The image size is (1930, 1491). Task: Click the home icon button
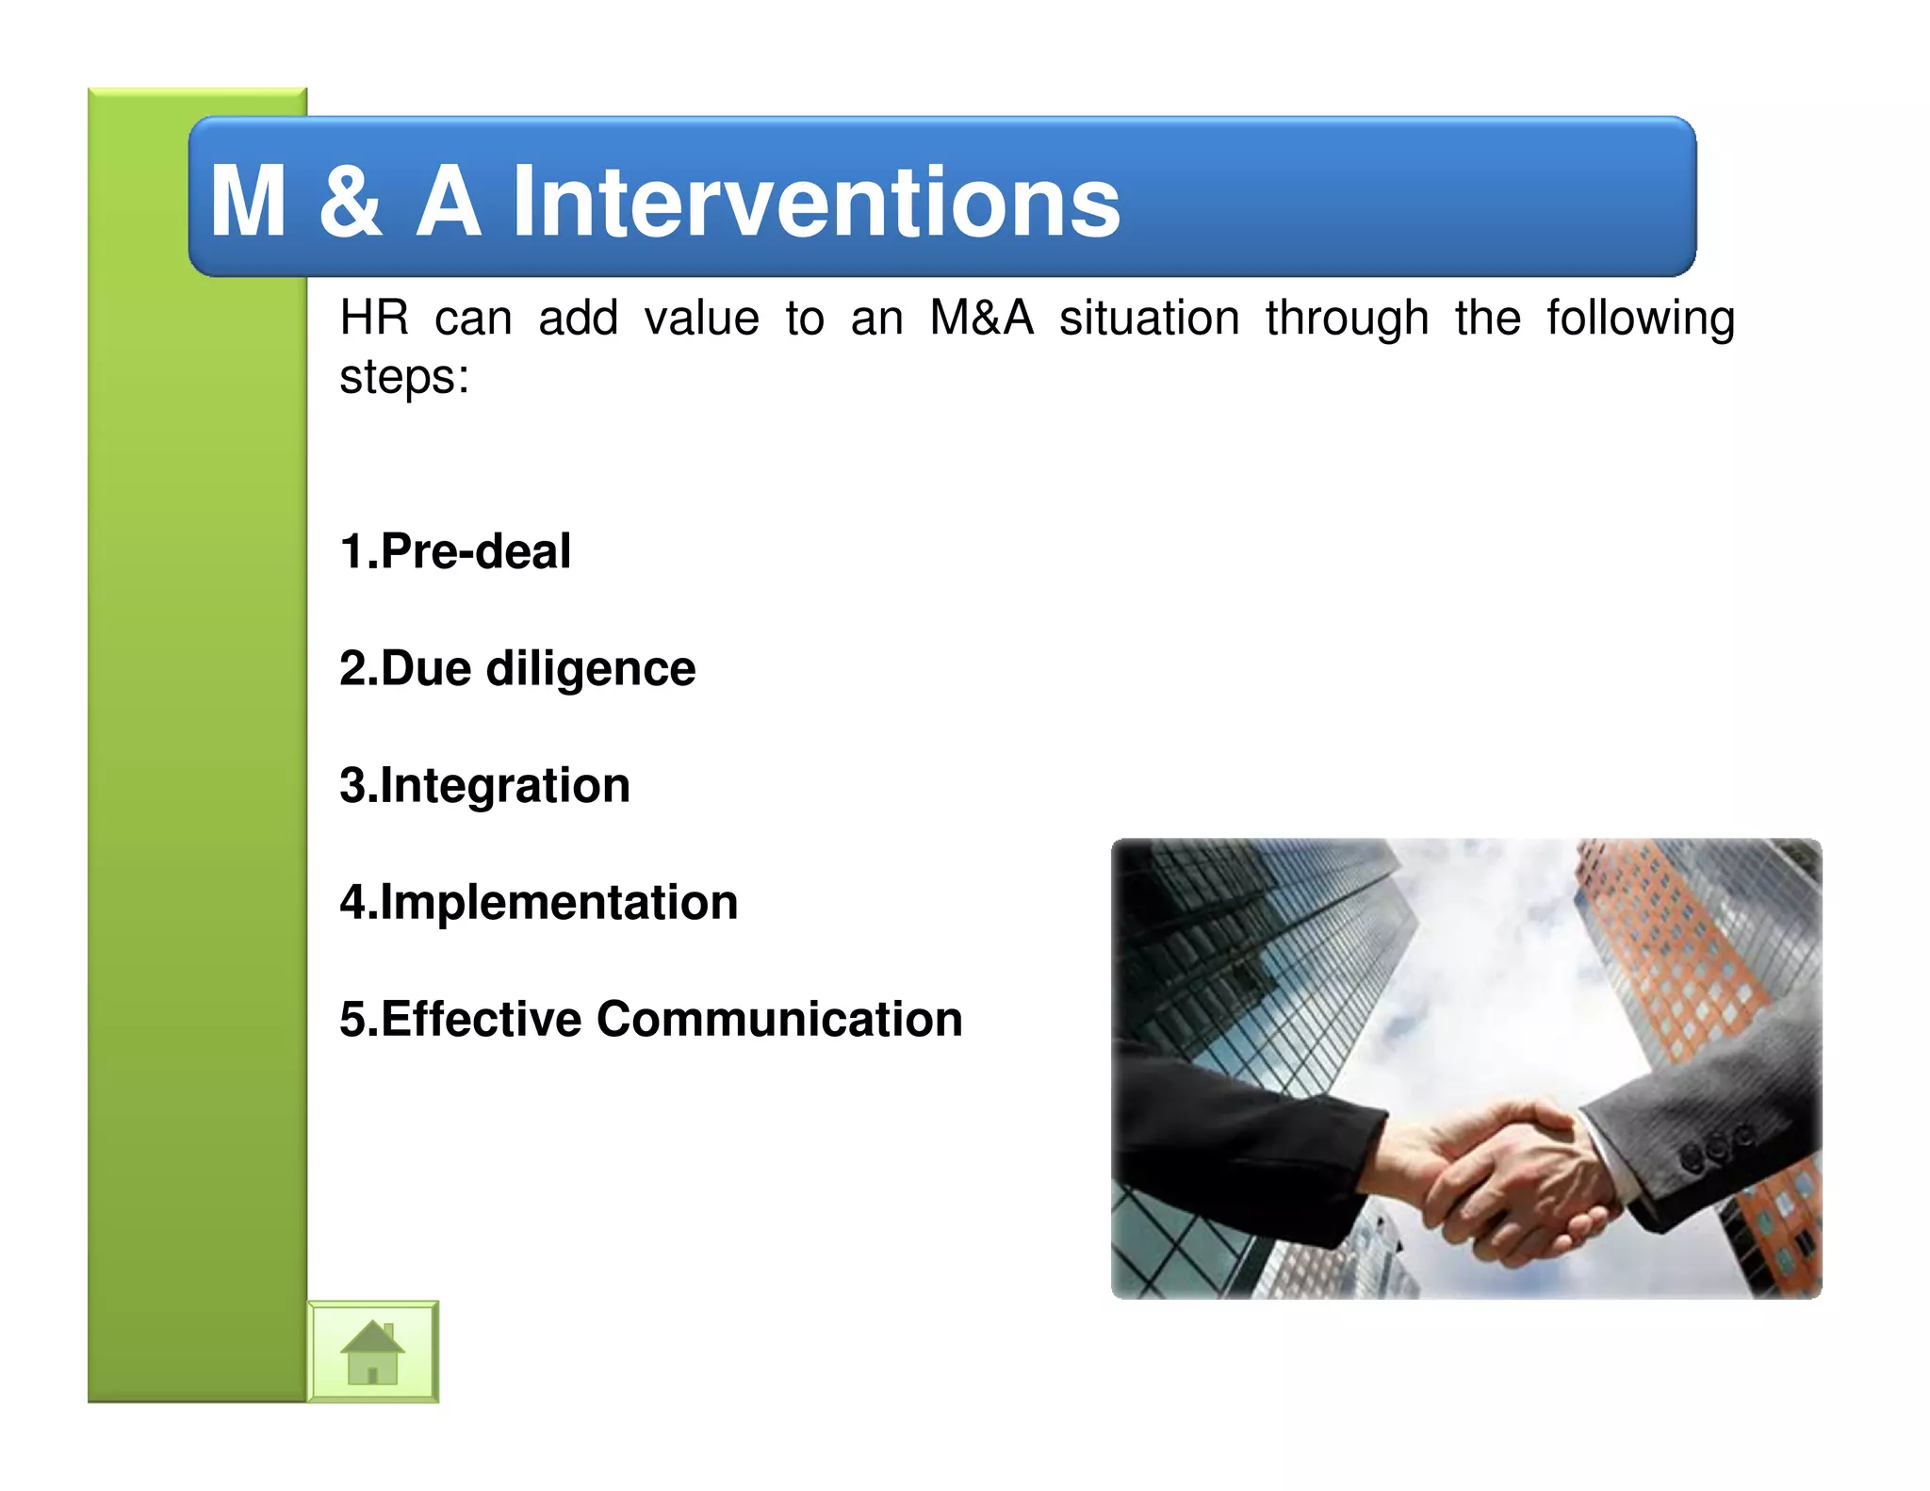click(372, 1352)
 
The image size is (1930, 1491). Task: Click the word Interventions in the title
click(816, 202)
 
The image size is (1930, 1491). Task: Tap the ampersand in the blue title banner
click(351, 202)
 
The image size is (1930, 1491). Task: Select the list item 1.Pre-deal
click(455, 551)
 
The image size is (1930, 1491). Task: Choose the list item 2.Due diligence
click(517, 668)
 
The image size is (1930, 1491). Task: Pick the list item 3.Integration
click(484, 785)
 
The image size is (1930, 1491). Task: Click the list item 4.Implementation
click(538, 902)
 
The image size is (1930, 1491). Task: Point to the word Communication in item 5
click(779, 1019)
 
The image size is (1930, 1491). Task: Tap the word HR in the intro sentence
click(374, 318)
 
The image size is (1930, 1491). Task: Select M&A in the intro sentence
click(981, 318)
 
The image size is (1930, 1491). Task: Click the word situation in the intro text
click(1149, 318)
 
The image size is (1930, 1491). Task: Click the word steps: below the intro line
click(404, 377)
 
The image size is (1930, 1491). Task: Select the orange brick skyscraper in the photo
click(1659, 952)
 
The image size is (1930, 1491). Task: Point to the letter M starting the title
click(248, 202)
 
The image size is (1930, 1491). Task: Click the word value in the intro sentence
click(701, 318)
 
